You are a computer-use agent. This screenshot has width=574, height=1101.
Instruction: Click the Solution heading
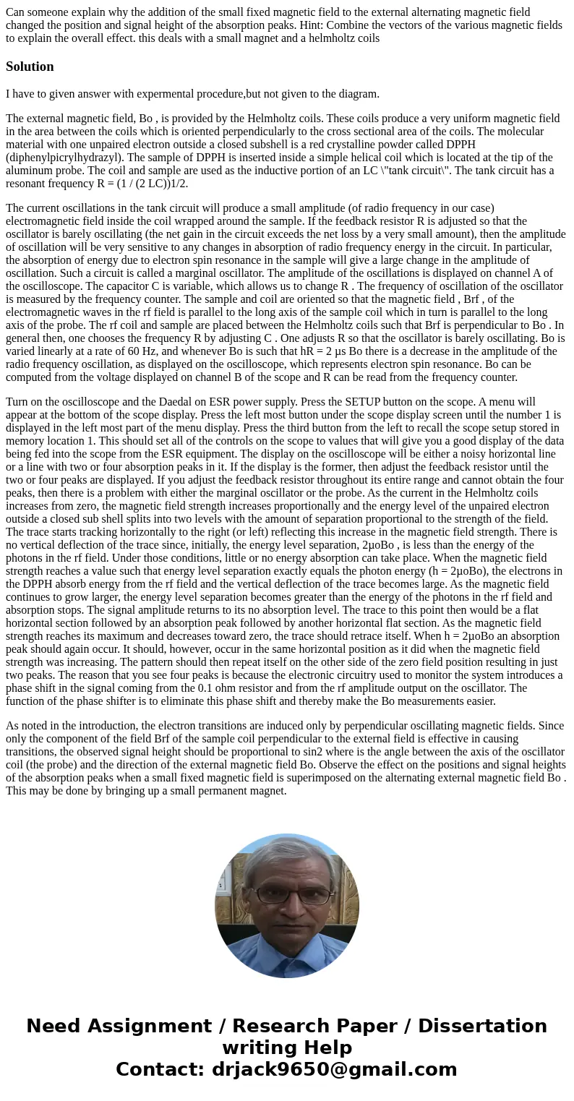point(30,67)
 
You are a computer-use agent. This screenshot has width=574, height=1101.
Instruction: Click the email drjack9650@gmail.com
point(335,1069)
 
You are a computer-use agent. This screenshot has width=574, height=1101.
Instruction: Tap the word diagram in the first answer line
point(355,93)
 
